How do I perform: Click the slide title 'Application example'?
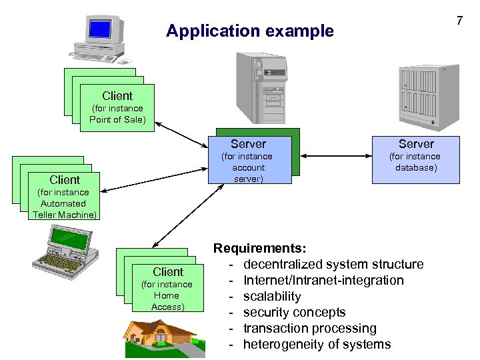click(x=249, y=31)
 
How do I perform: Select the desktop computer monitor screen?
click(x=99, y=29)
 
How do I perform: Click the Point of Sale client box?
click(x=117, y=107)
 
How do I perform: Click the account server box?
click(x=249, y=160)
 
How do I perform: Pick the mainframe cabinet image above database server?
click(x=428, y=95)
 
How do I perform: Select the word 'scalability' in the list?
click(x=272, y=296)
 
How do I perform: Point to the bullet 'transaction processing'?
click(x=309, y=328)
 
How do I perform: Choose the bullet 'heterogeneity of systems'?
click(x=317, y=344)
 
